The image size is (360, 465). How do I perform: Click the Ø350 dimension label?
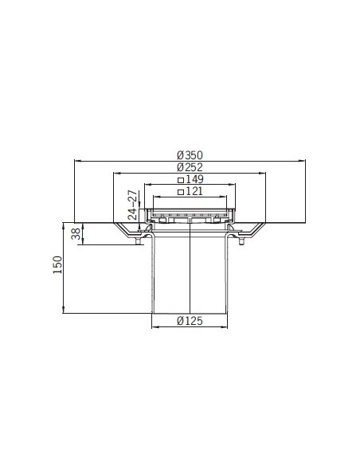pos(190,155)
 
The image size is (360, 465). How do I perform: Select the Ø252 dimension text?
pos(190,167)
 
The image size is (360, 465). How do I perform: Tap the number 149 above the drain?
pos(194,179)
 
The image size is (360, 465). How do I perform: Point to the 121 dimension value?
pos(194,192)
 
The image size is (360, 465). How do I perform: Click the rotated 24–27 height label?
pos(133,205)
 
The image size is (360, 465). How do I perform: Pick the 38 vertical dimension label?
pos(76,233)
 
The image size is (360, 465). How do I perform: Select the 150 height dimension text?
pos(57,265)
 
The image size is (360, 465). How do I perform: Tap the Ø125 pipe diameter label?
pos(190,321)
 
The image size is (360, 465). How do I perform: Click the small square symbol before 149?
pos(181,180)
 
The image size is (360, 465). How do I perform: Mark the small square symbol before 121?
pos(181,192)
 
